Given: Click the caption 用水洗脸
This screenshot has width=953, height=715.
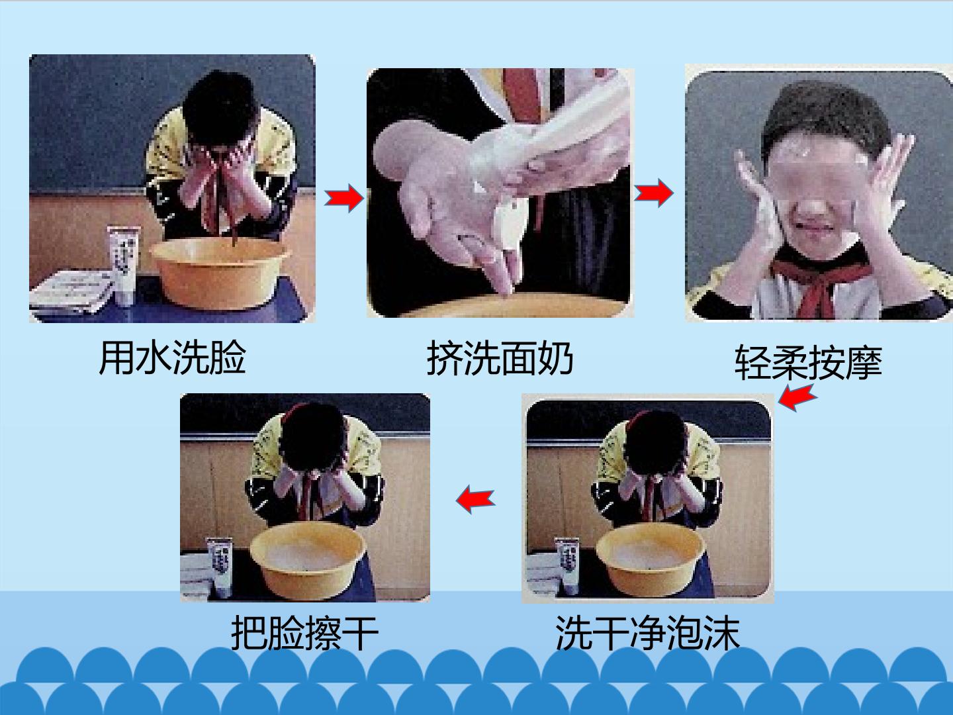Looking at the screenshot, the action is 172,358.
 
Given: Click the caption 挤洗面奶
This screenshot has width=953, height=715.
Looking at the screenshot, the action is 500,358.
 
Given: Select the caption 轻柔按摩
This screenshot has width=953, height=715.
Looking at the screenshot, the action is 809,363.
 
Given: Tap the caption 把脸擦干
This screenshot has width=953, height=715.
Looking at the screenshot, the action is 304,632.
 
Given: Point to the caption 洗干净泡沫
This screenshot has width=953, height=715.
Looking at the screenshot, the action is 647,632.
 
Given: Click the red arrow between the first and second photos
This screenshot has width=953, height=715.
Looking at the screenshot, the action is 344,198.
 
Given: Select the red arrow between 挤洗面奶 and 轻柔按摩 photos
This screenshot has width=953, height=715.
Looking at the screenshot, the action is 654,192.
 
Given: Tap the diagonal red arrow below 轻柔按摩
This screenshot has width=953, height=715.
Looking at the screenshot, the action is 797,397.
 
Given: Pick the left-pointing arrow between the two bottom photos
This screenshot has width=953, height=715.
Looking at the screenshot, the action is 475,499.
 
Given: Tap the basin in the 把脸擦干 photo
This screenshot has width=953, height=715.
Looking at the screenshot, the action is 308,560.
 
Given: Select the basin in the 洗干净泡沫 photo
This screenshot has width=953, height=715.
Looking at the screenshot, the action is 651,559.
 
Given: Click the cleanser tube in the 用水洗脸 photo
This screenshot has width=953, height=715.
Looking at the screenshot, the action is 124,265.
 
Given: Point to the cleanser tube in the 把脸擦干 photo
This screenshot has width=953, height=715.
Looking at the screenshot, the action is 220,567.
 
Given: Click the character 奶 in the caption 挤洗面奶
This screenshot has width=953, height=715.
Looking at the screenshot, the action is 555,358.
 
